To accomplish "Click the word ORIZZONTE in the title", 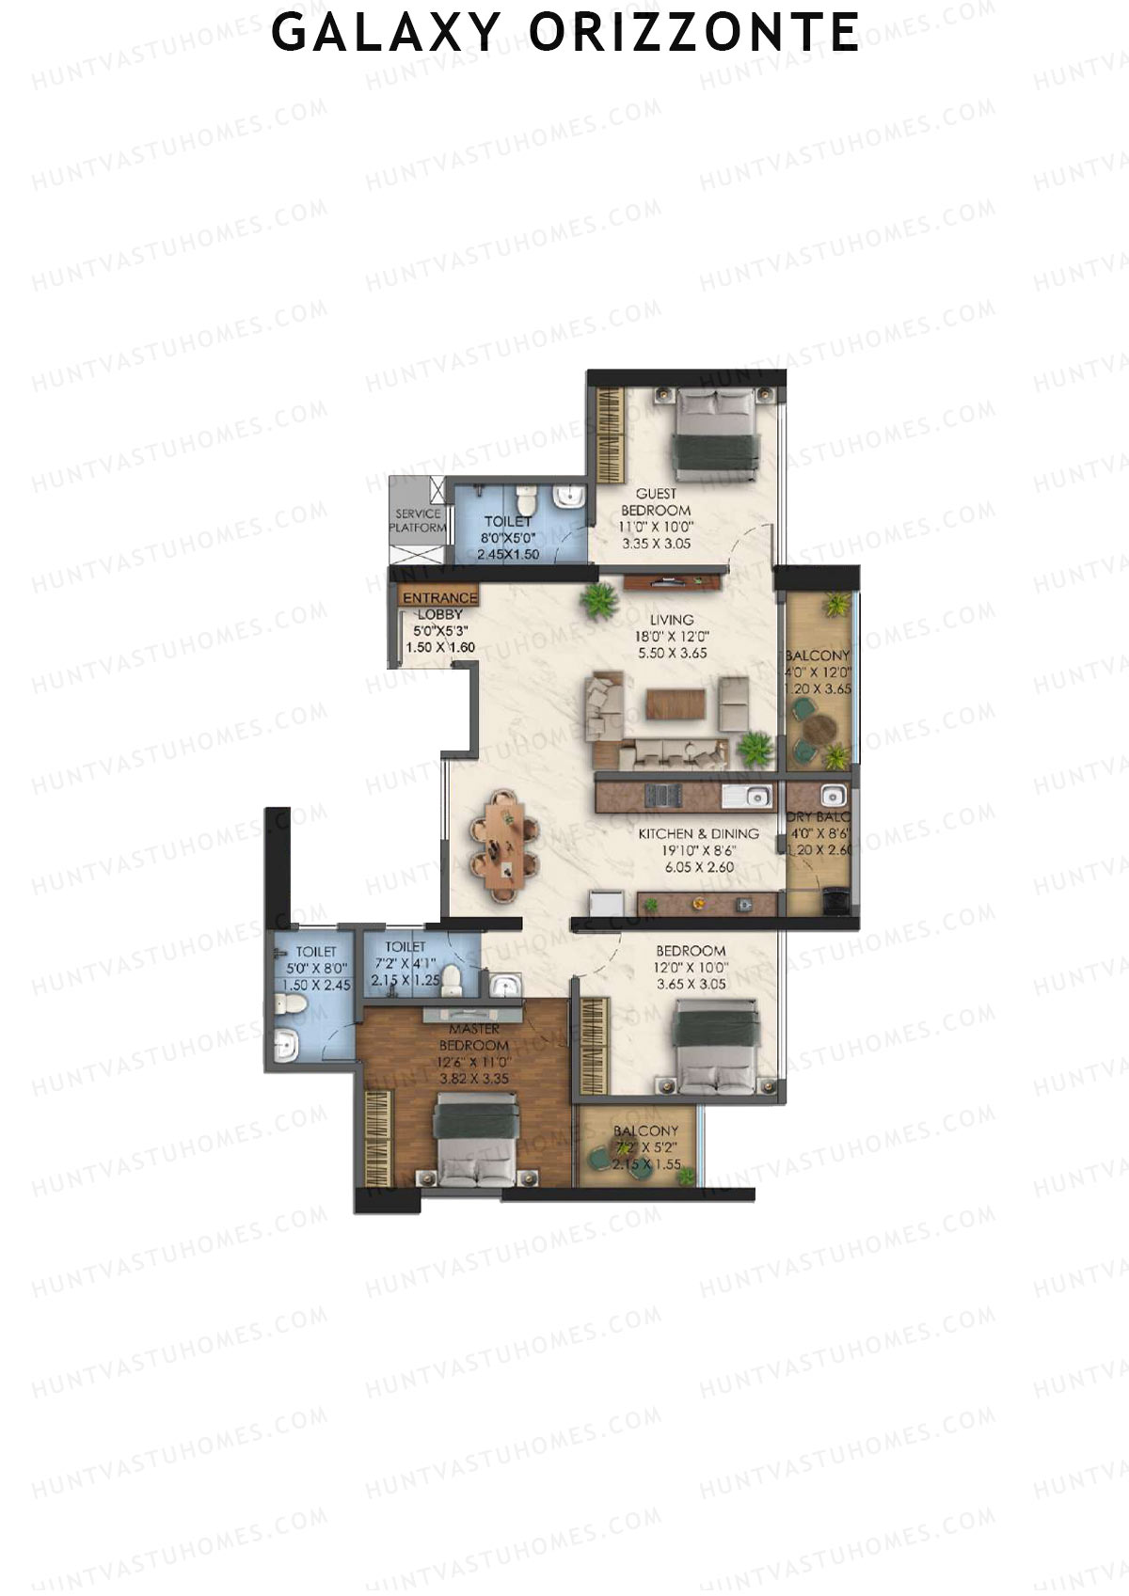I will [694, 33].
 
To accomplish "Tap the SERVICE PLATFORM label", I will [418, 521].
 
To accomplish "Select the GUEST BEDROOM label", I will [656, 502].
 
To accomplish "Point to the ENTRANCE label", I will [440, 598].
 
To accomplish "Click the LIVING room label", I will [672, 620].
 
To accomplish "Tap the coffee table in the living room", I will [676, 705].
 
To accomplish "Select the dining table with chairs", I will [506, 845].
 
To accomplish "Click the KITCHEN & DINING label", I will [698, 834].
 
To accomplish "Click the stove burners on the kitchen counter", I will [664, 796].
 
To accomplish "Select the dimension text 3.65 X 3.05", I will [691, 985].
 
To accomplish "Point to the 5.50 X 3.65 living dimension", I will [672, 653].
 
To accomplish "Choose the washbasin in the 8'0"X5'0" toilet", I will [568, 496].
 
